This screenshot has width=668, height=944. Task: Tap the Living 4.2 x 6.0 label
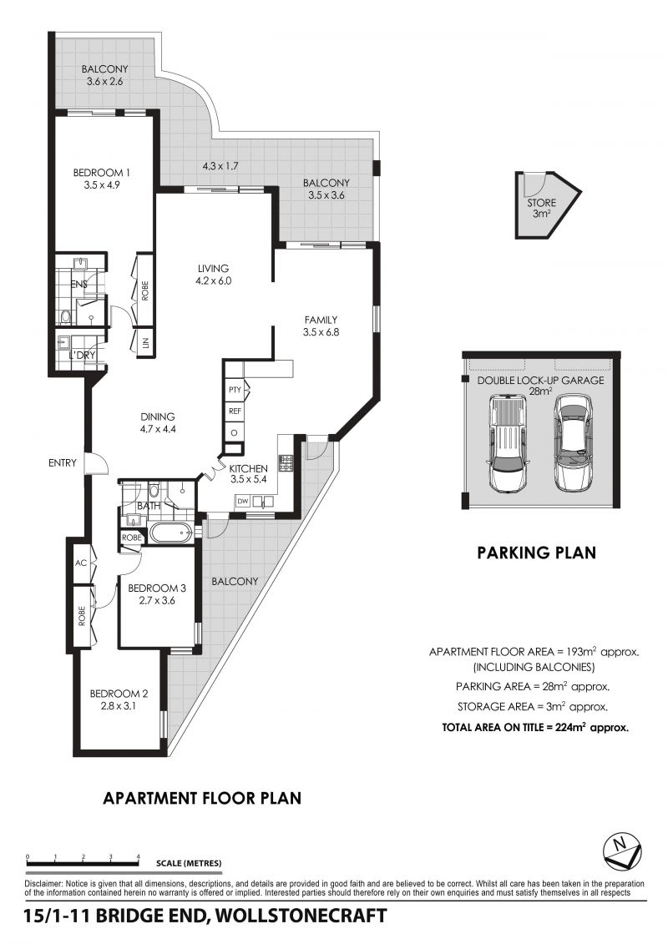[213, 275]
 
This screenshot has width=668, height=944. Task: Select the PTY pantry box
[235, 390]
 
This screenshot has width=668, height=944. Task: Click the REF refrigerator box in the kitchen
[235, 411]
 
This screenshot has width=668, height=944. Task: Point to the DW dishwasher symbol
[242, 501]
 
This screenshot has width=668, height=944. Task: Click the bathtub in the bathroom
[170, 533]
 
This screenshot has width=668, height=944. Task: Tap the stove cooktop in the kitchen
[285, 463]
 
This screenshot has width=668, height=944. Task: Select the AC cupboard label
[81, 563]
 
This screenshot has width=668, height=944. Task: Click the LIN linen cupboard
[144, 342]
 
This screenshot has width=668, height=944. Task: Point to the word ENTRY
[63, 463]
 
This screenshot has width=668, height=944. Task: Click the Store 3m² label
[541, 209]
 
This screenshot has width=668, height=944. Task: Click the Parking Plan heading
[536, 552]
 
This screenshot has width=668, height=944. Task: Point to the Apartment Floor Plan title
[202, 798]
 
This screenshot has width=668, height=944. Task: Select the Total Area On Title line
[535, 727]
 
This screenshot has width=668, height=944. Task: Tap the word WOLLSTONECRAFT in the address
[301, 916]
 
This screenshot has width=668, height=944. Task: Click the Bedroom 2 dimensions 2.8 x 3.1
[119, 705]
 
